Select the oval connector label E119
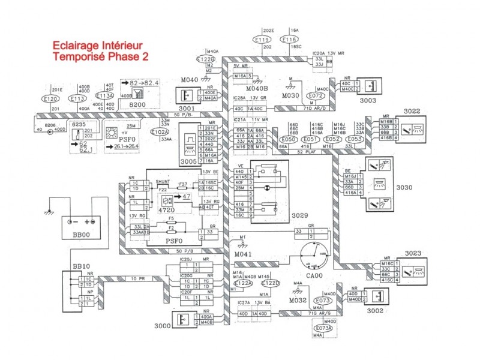pyautogui.click(x=262, y=40)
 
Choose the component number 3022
pyautogui.click(x=412, y=111)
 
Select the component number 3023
pyautogui.click(x=412, y=253)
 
